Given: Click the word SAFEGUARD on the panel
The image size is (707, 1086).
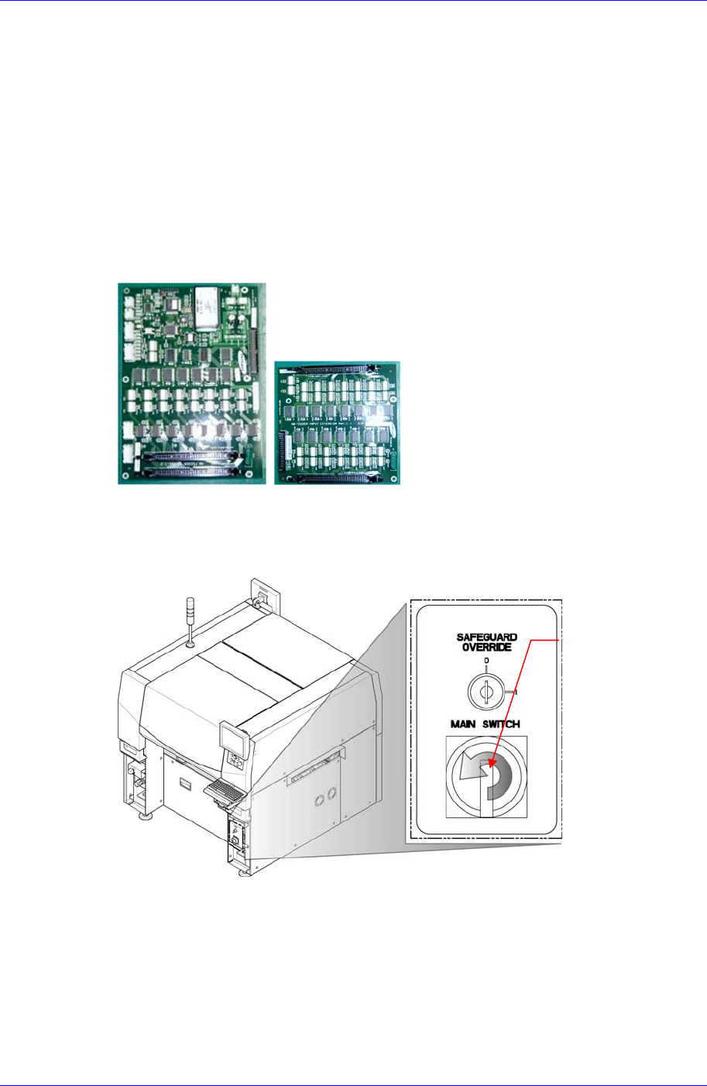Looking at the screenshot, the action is tap(486, 638).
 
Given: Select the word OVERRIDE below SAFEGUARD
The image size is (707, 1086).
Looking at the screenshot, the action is tap(486, 648).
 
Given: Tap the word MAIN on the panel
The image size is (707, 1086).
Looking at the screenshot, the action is tap(465, 724).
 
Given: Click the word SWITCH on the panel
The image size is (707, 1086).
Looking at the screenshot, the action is tap(502, 724).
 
